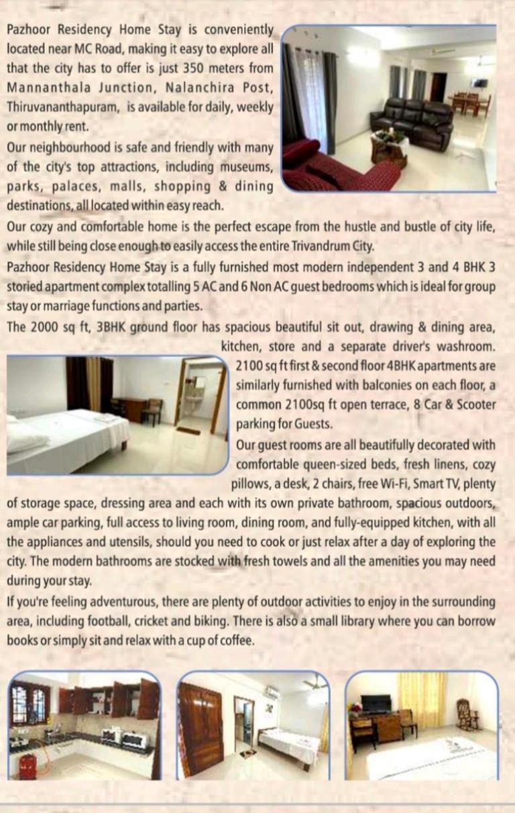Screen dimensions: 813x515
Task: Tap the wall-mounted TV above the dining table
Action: point(479,83)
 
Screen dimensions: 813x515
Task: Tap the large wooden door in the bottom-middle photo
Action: point(201,728)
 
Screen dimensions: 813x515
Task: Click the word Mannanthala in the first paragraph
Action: point(47,87)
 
